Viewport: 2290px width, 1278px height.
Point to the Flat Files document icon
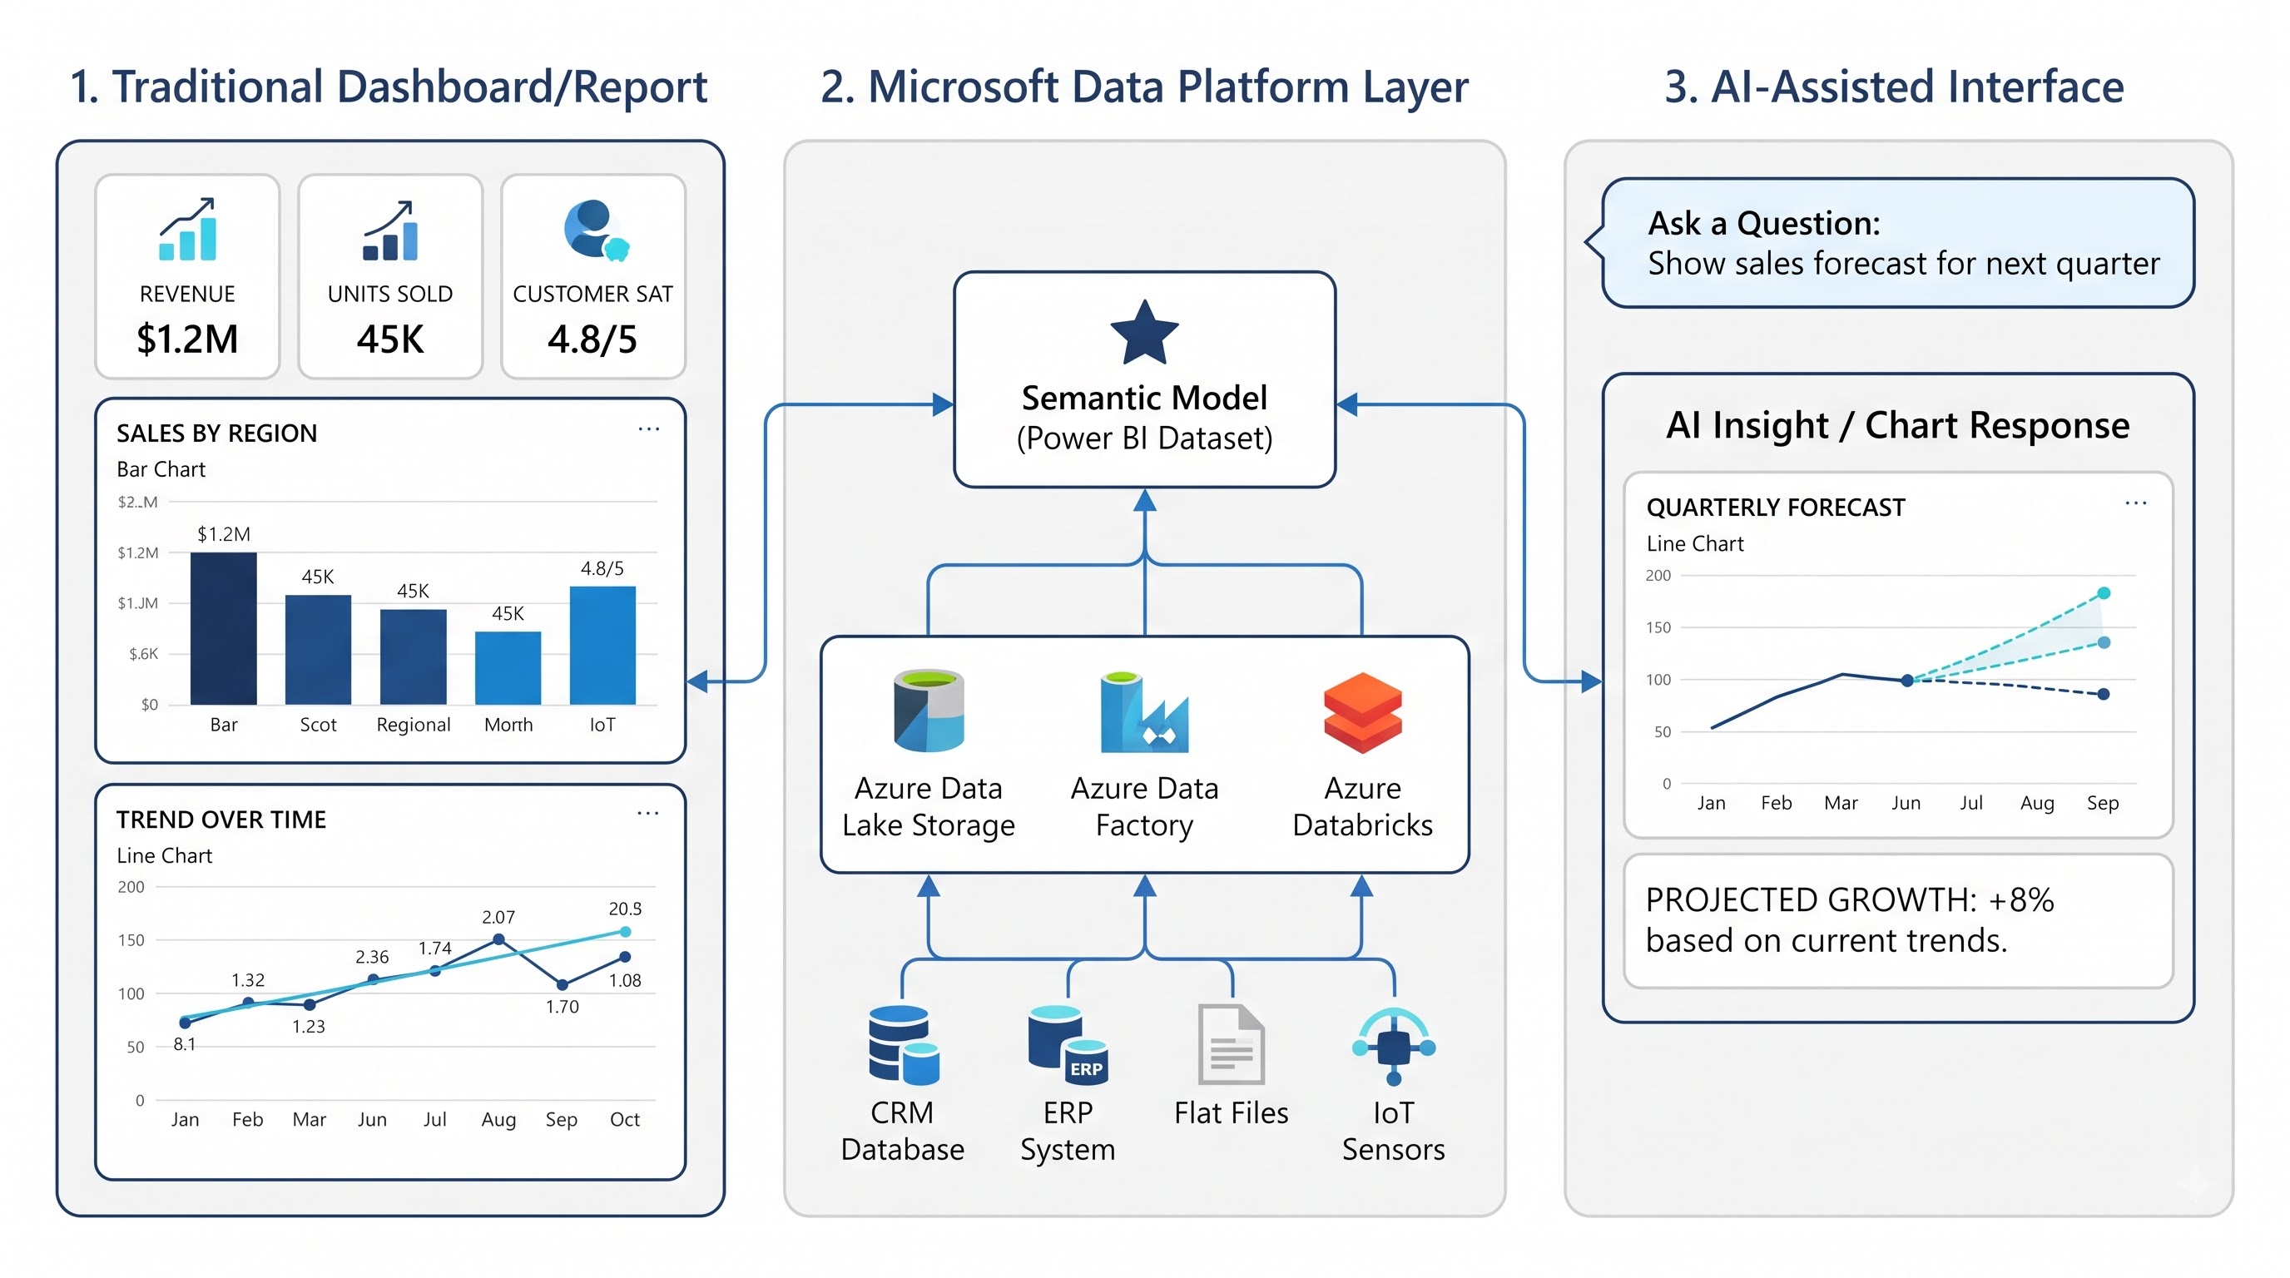point(1232,1044)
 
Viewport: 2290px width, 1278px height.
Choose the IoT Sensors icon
point(1393,1046)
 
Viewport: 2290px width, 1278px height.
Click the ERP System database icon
point(1067,1044)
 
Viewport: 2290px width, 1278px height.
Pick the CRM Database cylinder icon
point(903,1044)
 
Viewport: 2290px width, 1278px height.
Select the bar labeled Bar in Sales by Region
point(223,628)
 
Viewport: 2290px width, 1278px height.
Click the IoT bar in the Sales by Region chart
point(602,645)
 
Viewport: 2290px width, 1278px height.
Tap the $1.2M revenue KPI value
point(187,339)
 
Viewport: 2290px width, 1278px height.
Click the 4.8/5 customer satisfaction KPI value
point(592,339)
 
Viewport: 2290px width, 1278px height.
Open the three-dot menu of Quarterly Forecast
point(2135,503)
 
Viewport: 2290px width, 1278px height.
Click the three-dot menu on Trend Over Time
point(648,813)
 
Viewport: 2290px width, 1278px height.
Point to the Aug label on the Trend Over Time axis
point(498,1120)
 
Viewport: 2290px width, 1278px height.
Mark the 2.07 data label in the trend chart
point(498,917)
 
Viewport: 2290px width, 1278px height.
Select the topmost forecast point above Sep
point(2104,592)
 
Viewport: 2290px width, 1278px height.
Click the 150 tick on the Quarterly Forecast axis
point(1658,627)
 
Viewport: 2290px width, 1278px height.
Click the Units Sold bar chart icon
point(390,230)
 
